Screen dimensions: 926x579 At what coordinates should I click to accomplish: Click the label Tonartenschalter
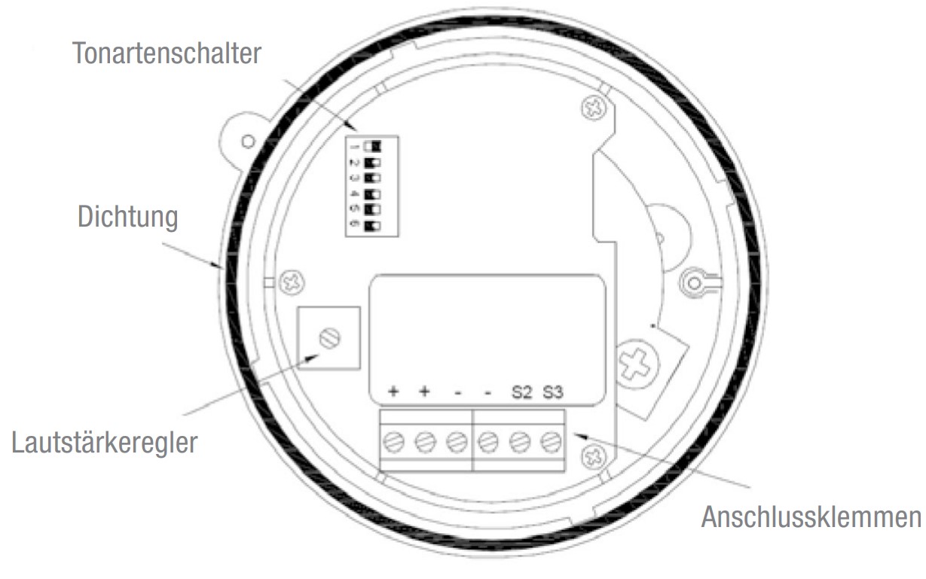click(x=167, y=53)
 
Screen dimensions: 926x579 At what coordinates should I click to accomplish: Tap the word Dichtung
click(x=128, y=217)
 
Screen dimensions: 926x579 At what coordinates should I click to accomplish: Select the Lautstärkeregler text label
click(x=105, y=443)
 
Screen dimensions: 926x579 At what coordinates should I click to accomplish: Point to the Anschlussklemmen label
click(x=811, y=517)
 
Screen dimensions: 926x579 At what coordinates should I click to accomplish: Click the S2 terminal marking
click(x=521, y=392)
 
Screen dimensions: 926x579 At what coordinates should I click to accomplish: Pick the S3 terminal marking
click(x=553, y=392)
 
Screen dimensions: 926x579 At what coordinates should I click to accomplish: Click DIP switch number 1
click(x=372, y=146)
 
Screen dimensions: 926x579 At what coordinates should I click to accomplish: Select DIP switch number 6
click(x=372, y=226)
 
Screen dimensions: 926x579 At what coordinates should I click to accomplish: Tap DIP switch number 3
click(x=372, y=178)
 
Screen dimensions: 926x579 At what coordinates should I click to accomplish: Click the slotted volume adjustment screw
click(x=330, y=339)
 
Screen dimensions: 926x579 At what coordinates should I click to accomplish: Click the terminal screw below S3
click(x=552, y=442)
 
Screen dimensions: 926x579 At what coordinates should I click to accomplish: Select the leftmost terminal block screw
click(x=393, y=442)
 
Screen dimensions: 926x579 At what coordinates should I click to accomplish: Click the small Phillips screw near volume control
click(x=292, y=283)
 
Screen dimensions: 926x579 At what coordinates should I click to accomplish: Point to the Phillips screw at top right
click(x=594, y=108)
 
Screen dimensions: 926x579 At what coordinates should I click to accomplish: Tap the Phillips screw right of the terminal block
click(x=594, y=457)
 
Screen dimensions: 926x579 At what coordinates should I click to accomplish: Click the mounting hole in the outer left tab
click(x=248, y=142)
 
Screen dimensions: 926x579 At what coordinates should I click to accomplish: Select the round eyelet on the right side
click(x=695, y=283)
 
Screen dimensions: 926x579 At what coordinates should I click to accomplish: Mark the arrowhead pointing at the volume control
click(x=311, y=358)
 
